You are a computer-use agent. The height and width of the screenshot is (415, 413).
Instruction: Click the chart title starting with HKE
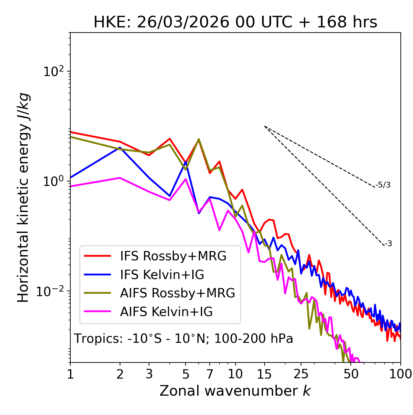[x=235, y=23]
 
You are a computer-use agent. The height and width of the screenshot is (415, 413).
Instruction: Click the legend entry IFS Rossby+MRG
[x=173, y=256]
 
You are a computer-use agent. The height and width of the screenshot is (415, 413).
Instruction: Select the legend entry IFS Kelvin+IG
[x=162, y=275]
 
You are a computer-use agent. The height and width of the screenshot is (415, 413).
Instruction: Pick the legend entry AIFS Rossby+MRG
[x=177, y=293]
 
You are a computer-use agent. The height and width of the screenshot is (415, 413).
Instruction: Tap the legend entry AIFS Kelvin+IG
[x=166, y=312]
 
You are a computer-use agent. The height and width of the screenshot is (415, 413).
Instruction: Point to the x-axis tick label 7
[x=210, y=374]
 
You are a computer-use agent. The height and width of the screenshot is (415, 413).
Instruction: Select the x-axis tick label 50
[x=351, y=374]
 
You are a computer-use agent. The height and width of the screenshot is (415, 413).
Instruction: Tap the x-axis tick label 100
[x=400, y=374]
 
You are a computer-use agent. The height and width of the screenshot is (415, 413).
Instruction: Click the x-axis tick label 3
[x=149, y=374]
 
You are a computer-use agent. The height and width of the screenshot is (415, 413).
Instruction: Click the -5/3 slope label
[x=383, y=185]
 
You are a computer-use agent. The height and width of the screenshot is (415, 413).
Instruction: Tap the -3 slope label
[x=388, y=244]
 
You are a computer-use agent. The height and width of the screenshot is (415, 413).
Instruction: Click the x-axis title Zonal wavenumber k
[x=235, y=391]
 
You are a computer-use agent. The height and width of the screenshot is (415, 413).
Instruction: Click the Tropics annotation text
[x=183, y=339]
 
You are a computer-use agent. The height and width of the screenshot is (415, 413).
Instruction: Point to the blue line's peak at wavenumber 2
[x=120, y=148]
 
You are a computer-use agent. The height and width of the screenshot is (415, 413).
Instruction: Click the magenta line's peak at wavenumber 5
[x=186, y=179]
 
